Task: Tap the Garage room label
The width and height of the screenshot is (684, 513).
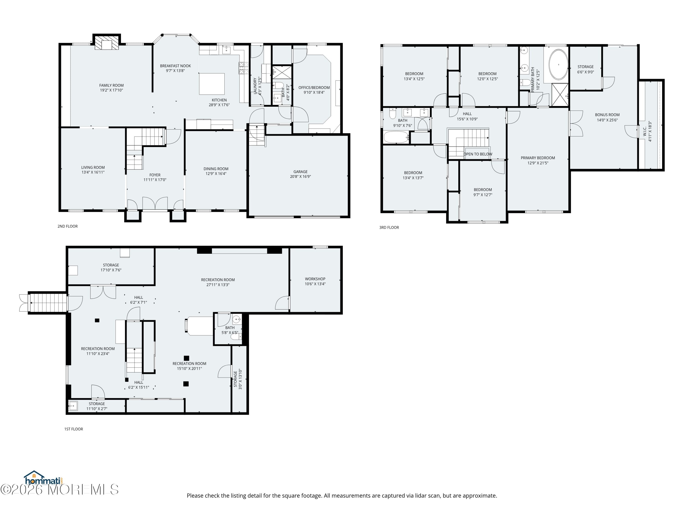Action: point(300,172)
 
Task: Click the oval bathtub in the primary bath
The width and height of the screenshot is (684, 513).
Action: point(558,65)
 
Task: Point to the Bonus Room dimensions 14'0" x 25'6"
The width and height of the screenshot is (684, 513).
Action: point(607,120)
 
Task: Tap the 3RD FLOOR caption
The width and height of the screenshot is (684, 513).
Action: point(389,228)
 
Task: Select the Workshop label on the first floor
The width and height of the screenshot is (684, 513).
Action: point(315,279)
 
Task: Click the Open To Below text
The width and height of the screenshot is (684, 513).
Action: point(477,154)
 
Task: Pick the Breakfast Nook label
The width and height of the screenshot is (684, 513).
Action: point(175,66)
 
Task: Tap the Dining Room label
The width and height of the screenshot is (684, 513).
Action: point(216,169)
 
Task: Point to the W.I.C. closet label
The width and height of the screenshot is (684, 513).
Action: point(645,131)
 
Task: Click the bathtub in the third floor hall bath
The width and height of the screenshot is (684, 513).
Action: point(396,137)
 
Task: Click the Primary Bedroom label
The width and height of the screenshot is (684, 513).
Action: point(538,158)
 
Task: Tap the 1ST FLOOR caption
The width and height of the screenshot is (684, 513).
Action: point(74,429)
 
